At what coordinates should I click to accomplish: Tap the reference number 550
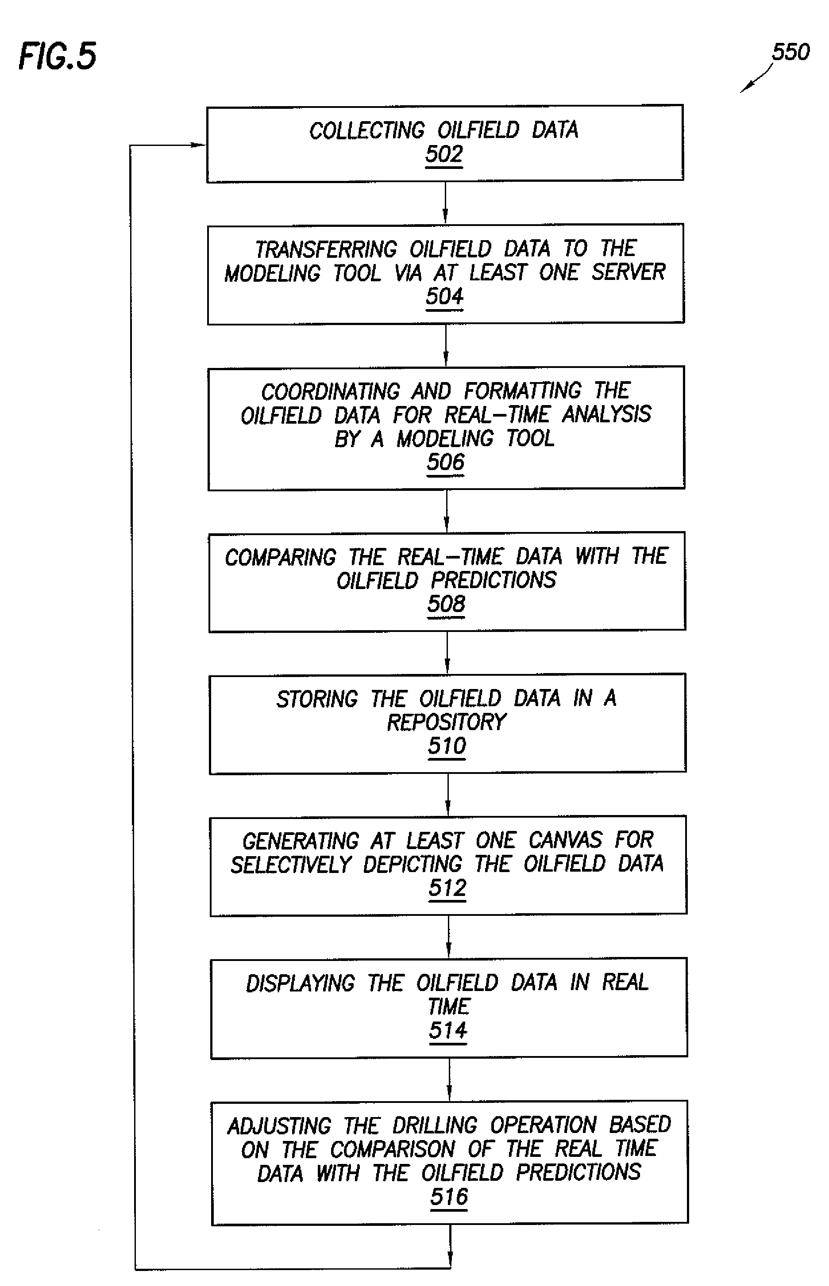(790, 52)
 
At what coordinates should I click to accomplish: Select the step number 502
(444, 154)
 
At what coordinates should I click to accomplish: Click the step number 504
(445, 296)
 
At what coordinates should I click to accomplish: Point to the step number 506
(446, 462)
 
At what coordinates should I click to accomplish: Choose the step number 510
(447, 746)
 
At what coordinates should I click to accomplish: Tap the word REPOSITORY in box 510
(447, 722)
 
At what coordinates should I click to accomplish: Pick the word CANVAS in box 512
(565, 840)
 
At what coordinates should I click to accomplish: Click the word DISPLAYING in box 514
(301, 983)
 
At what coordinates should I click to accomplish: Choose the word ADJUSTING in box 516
(279, 1126)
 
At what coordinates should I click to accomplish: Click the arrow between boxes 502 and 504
(445, 203)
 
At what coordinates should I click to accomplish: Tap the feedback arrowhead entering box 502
(198, 145)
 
